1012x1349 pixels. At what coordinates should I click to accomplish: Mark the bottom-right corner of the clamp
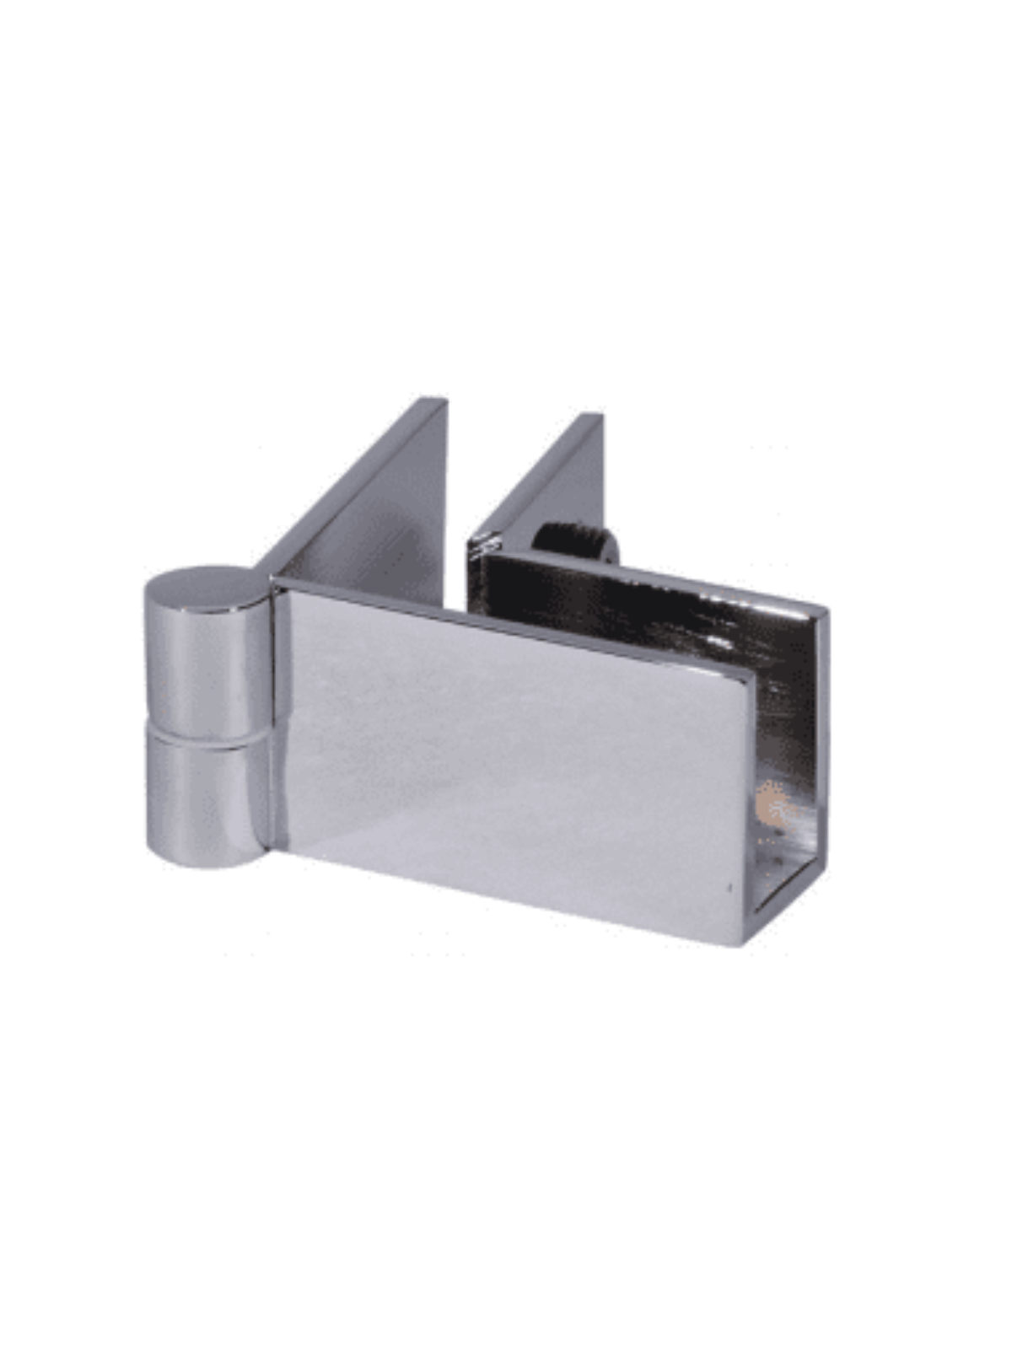coord(746,943)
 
